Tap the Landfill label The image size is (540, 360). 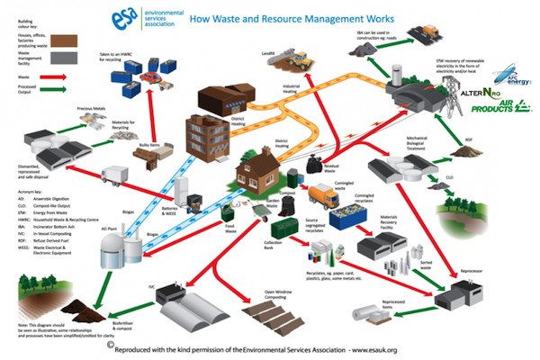(266, 55)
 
